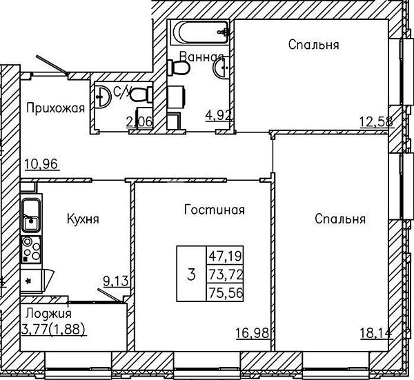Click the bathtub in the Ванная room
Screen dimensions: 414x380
tap(199, 32)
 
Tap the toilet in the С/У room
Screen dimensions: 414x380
tap(141, 94)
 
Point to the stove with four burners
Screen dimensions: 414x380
tap(31, 250)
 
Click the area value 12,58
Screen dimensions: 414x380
tap(376, 122)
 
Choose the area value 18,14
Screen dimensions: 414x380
tap(376, 333)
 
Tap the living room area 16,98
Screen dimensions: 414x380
tap(253, 333)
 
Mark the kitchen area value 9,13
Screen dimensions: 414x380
tap(116, 281)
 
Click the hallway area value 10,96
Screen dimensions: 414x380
tap(41, 164)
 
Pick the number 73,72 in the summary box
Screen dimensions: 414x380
tap(225, 275)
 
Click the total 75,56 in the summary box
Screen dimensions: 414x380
tap(225, 292)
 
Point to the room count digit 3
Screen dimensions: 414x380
tap(191, 274)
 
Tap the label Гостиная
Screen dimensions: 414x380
tap(215, 210)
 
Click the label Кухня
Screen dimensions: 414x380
tap(83, 219)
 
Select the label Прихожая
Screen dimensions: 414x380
tap(56, 108)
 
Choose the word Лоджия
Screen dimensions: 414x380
tap(49, 314)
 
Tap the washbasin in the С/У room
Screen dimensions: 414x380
tap(103, 97)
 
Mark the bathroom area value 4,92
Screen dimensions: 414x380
tap(219, 115)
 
